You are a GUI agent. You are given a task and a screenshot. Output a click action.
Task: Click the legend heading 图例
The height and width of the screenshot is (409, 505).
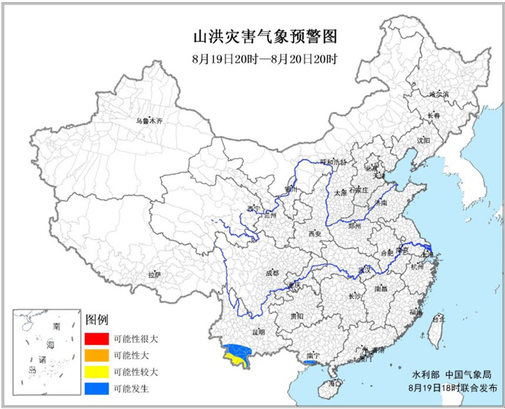pos(96,320)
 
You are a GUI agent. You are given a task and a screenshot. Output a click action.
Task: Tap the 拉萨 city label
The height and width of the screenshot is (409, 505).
pos(154,274)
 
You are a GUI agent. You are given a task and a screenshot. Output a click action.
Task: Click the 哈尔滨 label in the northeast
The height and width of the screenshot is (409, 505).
pos(440,94)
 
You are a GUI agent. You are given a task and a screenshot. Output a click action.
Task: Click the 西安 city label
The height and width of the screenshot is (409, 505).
pos(314,233)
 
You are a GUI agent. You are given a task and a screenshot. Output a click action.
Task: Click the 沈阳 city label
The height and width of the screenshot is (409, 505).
pos(423,140)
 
